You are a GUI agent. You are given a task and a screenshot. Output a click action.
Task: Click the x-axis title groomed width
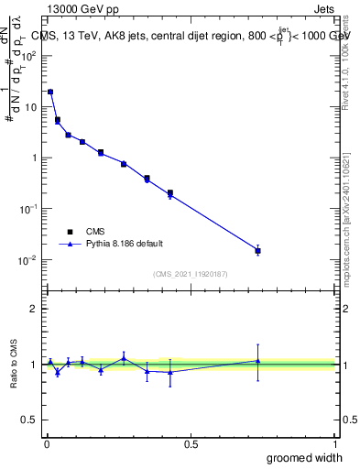pos(300,457)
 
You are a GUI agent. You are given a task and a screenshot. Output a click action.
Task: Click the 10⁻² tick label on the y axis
pos(27,260)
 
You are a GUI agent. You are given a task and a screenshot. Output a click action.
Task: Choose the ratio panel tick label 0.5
pos(27,420)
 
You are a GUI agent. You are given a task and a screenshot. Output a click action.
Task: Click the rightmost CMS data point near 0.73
pos(257,250)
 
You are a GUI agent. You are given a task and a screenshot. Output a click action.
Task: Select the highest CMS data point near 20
pos(50,92)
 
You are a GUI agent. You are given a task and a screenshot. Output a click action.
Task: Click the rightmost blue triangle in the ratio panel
pos(257,361)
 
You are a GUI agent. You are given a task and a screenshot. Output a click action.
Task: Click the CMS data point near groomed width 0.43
pos(170,193)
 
